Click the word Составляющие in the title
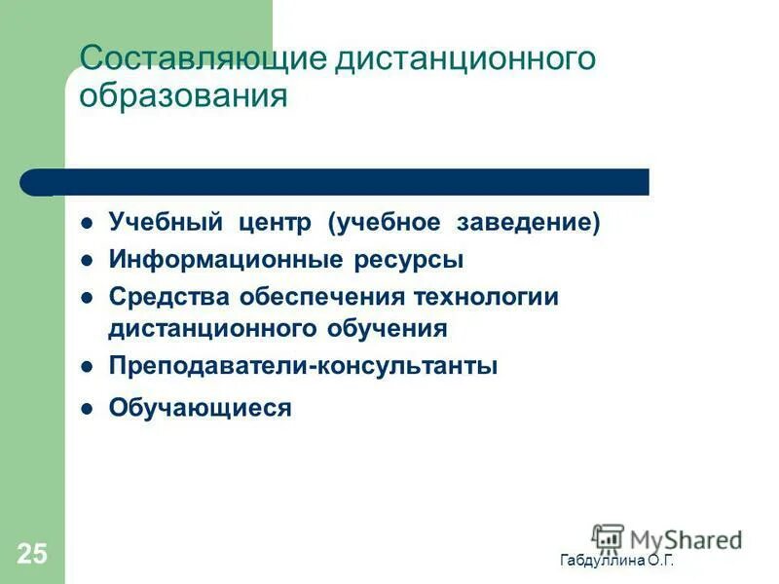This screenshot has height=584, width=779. pyautogui.click(x=204, y=59)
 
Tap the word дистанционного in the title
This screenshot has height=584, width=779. pyautogui.click(x=465, y=59)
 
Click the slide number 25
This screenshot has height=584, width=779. pyautogui.click(x=31, y=555)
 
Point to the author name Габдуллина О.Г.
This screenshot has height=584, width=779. pyautogui.click(x=616, y=562)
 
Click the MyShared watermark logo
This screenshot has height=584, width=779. pyautogui.click(x=667, y=537)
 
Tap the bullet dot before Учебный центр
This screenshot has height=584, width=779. pyautogui.click(x=87, y=223)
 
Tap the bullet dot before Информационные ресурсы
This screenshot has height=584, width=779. pyautogui.click(x=87, y=261)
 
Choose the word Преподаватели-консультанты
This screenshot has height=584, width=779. pyautogui.click(x=303, y=366)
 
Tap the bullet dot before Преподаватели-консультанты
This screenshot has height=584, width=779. pyautogui.click(x=87, y=367)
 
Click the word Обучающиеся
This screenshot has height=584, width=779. pyautogui.click(x=200, y=408)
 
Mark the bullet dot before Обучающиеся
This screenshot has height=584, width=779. pyautogui.click(x=87, y=409)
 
